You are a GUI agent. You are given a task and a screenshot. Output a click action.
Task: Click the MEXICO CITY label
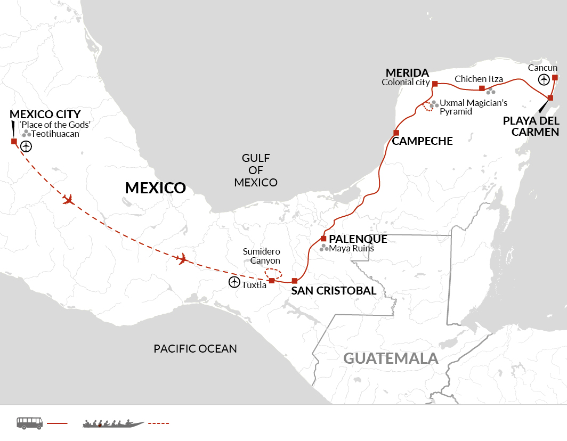click(45, 114)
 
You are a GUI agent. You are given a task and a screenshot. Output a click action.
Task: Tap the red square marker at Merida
click(435, 84)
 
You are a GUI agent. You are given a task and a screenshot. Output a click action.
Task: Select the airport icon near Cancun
click(543, 80)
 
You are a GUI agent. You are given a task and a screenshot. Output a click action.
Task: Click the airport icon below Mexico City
click(26, 146)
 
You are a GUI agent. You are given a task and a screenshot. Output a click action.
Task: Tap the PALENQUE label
click(358, 239)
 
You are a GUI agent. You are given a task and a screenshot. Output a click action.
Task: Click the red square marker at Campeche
click(396, 132)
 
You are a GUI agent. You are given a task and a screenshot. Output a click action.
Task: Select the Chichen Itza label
click(479, 79)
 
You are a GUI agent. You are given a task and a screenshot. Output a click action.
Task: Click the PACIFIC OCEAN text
click(195, 349)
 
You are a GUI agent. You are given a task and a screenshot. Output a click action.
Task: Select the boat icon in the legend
click(113, 423)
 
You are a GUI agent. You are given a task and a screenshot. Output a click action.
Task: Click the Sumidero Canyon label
click(261, 256)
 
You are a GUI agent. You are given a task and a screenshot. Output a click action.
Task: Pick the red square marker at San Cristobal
click(294, 281)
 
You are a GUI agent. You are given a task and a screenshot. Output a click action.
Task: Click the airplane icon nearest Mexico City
click(68, 200)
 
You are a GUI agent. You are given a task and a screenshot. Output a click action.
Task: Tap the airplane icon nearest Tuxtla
click(183, 259)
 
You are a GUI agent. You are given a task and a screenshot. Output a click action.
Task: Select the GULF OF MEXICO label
click(256, 170)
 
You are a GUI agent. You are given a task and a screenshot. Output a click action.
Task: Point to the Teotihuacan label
click(55, 134)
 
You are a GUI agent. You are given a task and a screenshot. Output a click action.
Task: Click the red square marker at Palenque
click(323, 239)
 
